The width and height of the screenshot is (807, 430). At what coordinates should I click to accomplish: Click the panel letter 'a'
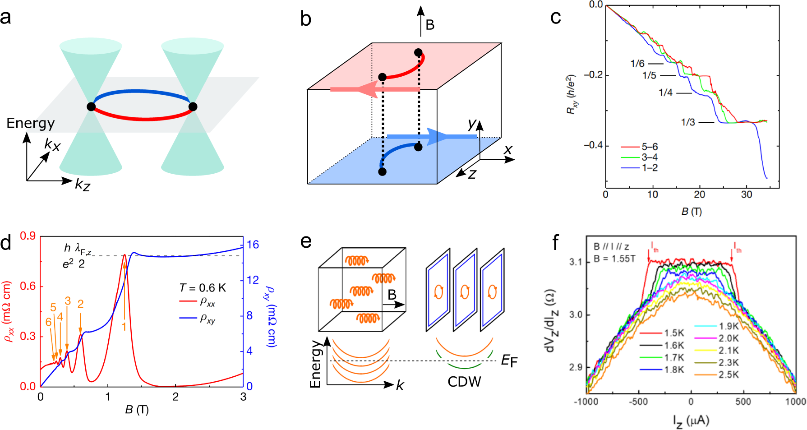coord(6,18)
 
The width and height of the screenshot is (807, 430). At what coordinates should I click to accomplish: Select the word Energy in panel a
coord(30,123)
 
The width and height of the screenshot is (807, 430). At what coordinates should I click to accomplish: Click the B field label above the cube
coord(430,25)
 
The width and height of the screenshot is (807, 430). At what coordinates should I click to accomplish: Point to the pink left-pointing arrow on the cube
coord(374,89)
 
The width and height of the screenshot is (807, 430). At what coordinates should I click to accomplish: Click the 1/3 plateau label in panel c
coord(688,122)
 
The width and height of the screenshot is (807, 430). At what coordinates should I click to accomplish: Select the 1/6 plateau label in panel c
coord(637,64)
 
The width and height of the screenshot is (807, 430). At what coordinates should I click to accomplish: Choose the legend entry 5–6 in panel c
coord(650,147)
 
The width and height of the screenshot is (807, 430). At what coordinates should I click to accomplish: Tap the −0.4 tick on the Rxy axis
coord(593,145)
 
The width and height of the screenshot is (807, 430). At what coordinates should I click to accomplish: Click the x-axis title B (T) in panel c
coord(692,211)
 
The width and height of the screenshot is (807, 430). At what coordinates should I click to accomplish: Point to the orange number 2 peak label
coord(80,304)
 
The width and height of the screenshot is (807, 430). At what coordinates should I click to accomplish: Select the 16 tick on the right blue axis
coord(253,245)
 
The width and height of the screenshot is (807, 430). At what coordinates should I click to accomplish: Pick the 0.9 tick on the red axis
coord(28,236)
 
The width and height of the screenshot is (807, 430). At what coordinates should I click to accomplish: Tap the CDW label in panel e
coord(464,382)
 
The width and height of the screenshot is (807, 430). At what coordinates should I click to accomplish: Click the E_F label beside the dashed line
coord(509,361)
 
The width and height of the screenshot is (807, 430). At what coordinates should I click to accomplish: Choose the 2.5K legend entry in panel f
coord(729,375)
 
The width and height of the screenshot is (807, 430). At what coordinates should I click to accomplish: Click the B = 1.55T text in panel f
coord(614,259)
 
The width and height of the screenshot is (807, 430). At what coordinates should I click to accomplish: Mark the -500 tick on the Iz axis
coord(638,402)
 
